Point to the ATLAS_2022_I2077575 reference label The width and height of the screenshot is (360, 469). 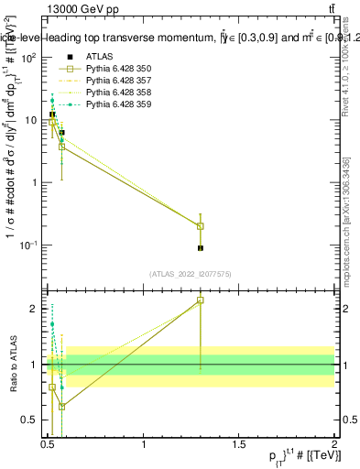pyautogui.click(x=191, y=274)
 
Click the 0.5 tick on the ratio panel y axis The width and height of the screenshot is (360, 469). pyautogui.click(x=31, y=420)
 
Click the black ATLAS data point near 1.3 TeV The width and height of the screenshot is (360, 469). pyautogui.click(x=201, y=248)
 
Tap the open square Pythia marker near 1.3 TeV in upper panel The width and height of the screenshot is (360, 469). pyautogui.click(x=201, y=226)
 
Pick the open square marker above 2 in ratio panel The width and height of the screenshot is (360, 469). pyautogui.click(x=201, y=300)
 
